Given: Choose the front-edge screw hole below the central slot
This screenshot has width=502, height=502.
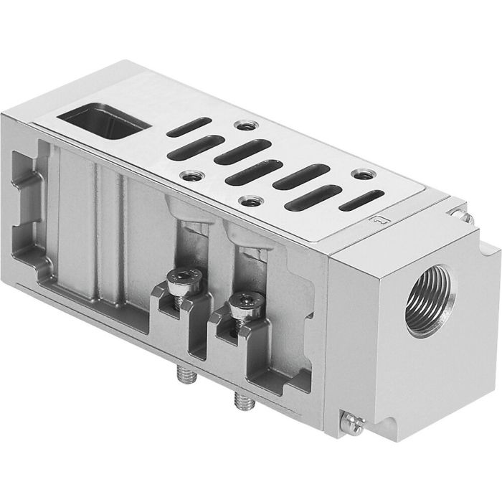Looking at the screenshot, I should coord(249,202).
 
